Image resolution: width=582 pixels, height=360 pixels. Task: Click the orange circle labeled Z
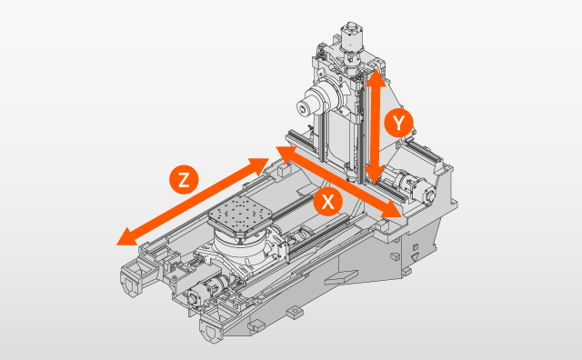click(x=185, y=179)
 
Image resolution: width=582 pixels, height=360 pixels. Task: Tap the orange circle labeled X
click(x=326, y=202)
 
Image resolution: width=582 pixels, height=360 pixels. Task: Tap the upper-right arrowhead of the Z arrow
click(x=261, y=165)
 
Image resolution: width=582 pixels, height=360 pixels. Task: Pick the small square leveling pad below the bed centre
click(x=293, y=313)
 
